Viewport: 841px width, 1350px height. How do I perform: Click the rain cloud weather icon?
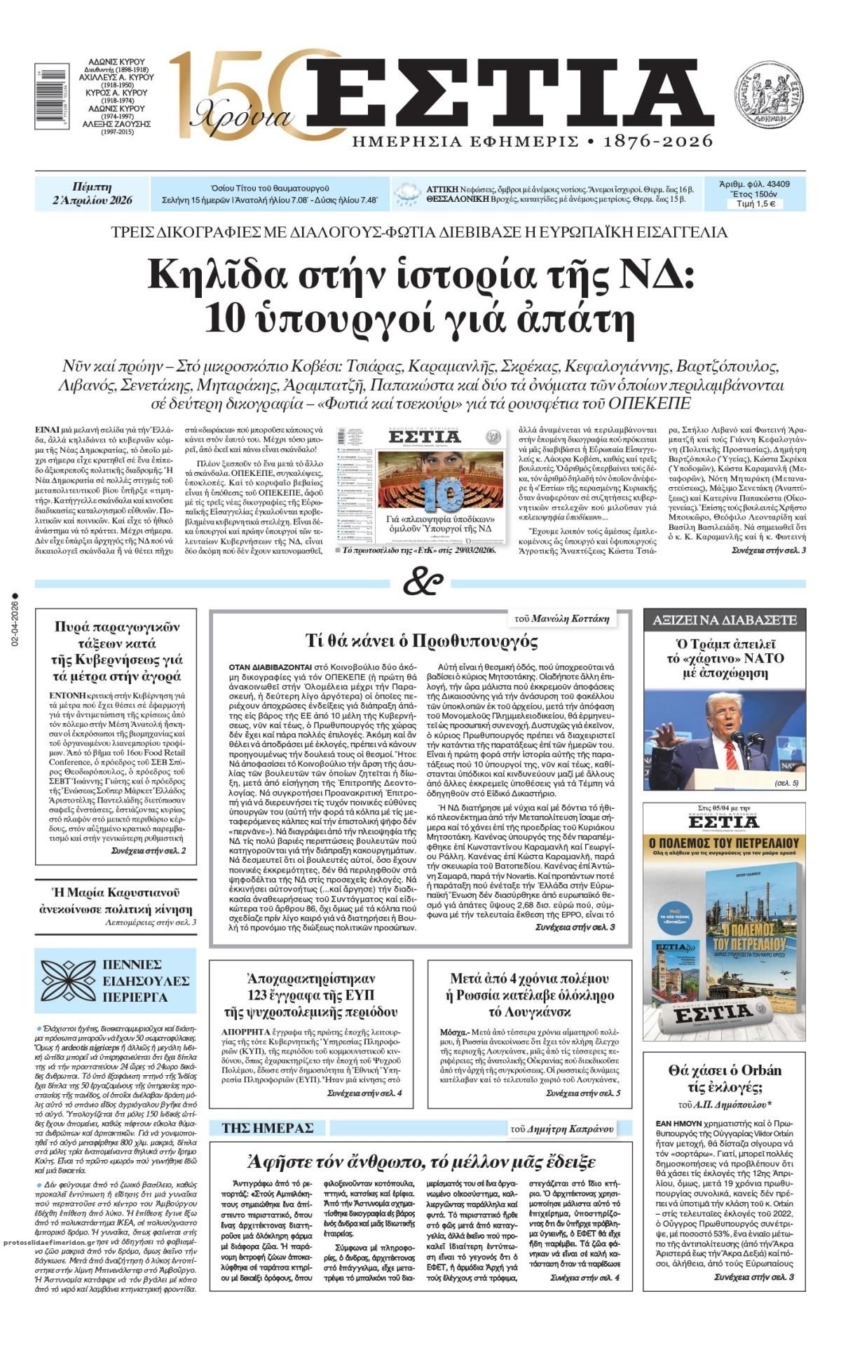(407, 193)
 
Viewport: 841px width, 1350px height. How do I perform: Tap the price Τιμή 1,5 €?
(755, 205)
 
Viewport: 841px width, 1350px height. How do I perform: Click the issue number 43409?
(775, 184)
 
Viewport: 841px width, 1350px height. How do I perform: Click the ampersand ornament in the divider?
(423, 582)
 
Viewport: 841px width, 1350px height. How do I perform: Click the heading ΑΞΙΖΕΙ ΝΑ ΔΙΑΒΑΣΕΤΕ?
(724, 620)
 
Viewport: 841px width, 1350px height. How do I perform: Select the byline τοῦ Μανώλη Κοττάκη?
(561, 618)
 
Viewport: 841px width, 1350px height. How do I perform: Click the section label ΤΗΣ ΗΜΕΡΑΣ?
(267, 1128)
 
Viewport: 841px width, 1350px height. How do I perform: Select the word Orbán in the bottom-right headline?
(755, 1070)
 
